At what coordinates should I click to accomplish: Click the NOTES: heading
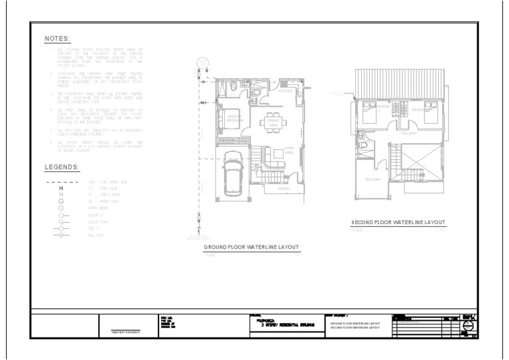point(57,39)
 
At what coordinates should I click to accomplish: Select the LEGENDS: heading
point(62,167)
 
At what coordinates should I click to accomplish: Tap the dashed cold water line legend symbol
point(62,181)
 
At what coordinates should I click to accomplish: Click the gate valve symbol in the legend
point(62,189)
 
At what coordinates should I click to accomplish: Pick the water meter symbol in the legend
point(62,208)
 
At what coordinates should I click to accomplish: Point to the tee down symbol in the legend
point(62,235)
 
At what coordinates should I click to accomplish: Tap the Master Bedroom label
point(233,119)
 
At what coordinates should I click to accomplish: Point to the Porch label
point(284,188)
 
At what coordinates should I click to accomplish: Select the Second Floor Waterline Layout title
point(398,222)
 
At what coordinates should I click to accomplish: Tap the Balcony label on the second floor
point(372,180)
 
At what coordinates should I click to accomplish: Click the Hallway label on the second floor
point(408,133)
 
